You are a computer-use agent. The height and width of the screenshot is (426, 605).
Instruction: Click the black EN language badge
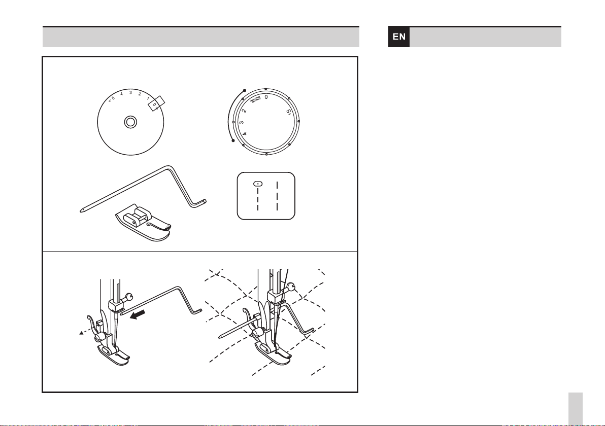[x=398, y=37]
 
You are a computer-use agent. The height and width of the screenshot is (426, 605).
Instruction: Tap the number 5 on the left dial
[x=113, y=98]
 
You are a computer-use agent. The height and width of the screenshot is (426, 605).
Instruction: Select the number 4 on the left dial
[x=121, y=94]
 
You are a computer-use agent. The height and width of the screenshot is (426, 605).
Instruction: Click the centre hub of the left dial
[x=130, y=122]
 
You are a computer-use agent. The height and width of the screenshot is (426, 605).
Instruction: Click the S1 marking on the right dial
[x=288, y=113]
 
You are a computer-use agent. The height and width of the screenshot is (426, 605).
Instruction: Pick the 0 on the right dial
[x=266, y=97]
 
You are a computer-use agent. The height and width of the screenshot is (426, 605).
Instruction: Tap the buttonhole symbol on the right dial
[x=256, y=100]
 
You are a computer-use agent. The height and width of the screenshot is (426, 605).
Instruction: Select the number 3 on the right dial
[x=242, y=123]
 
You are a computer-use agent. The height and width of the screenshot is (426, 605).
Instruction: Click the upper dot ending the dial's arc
[x=244, y=91]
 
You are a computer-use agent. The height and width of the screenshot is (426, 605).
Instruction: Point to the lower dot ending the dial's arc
[x=233, y=140]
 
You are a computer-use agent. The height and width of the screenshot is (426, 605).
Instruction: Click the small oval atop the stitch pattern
[x=258, y=184]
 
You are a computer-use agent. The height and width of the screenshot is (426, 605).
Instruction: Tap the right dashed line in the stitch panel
[x=277, y=196]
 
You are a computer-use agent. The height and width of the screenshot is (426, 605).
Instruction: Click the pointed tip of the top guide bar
[x=81, y=211]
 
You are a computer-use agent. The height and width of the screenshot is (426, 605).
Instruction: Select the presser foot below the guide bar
[x=143, y=223]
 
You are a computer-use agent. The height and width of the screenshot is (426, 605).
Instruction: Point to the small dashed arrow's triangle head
[x=81, y=333]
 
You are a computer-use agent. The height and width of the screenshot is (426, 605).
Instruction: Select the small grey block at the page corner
[x=575, y=409]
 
